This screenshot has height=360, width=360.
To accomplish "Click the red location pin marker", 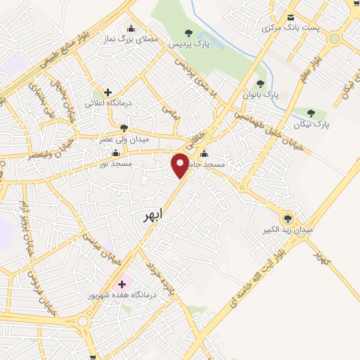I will tap(181, 165).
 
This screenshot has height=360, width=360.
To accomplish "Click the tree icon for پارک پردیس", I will tap(188, 32).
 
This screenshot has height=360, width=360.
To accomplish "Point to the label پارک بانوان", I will tap(262, 94).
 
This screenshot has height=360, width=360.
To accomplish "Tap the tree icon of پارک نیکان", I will tap(311, 113).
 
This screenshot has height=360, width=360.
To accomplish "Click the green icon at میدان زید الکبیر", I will tap(288, 217).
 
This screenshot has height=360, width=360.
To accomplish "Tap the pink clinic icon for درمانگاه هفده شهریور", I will tap(122, 285).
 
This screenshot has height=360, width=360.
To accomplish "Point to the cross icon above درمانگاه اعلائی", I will tap(108, 91).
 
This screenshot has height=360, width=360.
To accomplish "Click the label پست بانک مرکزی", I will tap(291, 28).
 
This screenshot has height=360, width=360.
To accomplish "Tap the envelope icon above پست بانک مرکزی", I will tap(290, 18).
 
